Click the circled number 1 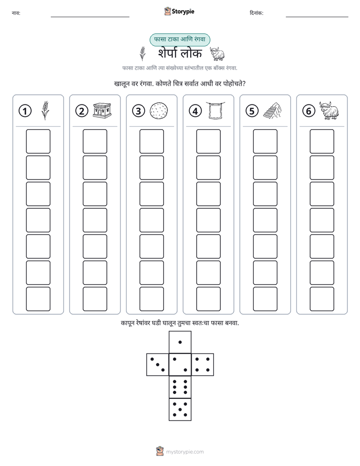coord(25,111)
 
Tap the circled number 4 coord(195,111)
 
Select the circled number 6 coord(309,111)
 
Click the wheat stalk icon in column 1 coord(45,110)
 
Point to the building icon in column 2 coord(102,110)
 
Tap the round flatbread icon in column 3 coord(159,111)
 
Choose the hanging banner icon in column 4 coord(215,110)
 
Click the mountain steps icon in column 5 coord(272,110)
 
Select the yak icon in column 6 coord(329,110)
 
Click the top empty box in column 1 coord(38,141)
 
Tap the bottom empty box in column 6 coord(322,299)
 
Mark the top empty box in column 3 coord(151,141)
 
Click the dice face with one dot coord(180,342)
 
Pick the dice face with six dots coord(180,387)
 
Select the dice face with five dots coord(180,410)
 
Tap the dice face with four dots coord(203,365)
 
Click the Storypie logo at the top coord(179,11)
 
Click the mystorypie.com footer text coord(185,452)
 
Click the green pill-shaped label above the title coord(179,39)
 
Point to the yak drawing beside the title coord(217,53)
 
